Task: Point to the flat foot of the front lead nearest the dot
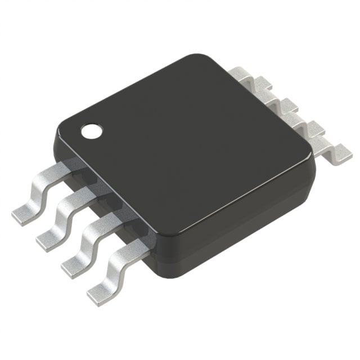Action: coord(25,214)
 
